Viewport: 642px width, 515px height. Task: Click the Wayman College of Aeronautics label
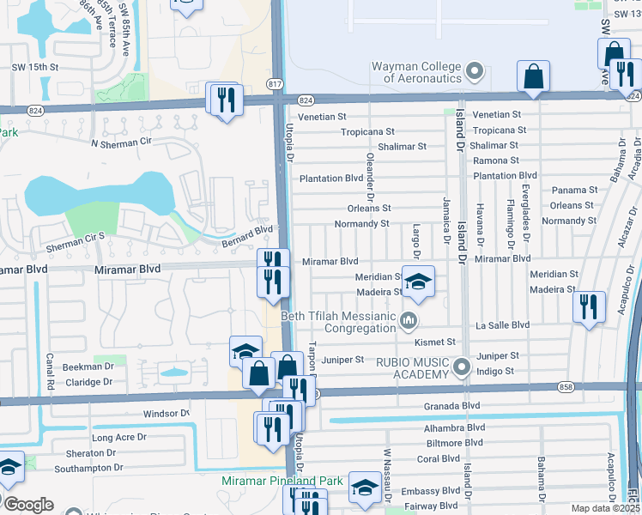point(416,72)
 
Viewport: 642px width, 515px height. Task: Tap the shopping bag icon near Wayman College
point(534,76)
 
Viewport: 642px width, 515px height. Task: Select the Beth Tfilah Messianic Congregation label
point(346,322)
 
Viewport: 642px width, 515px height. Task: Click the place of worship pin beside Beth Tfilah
point(409,322)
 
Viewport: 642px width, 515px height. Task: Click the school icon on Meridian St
point(418,282)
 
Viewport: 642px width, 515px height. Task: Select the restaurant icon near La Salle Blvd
point(588,306)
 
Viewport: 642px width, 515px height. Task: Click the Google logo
point(28,505)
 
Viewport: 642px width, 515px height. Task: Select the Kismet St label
point(434,342)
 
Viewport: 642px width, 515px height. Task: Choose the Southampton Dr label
point(89,468)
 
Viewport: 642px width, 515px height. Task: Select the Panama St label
point(574,190)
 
